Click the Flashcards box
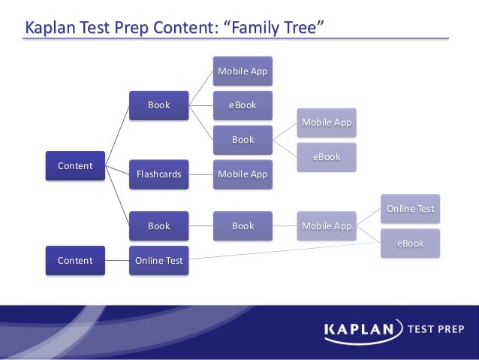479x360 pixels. [x=158, y=174]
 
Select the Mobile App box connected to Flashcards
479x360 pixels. [x=242, y=174]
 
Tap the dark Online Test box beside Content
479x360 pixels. [x=158, y=261]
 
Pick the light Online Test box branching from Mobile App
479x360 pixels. [x=410, y=208]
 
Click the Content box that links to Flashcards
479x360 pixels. [x=75, y=165]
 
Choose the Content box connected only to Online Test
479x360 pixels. [x=75, y=261]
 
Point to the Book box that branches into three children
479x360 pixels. [x=158, y=105]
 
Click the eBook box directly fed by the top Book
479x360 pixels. [x=242, y=105]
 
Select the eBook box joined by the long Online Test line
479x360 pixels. [x=410, y=243]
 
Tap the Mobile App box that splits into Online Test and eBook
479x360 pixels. [x=326, y=225]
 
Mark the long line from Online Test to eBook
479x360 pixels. [x=285, y=252]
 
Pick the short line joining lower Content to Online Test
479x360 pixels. [x=116, y=261]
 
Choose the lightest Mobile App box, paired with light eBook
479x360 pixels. [x=326, y=122]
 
